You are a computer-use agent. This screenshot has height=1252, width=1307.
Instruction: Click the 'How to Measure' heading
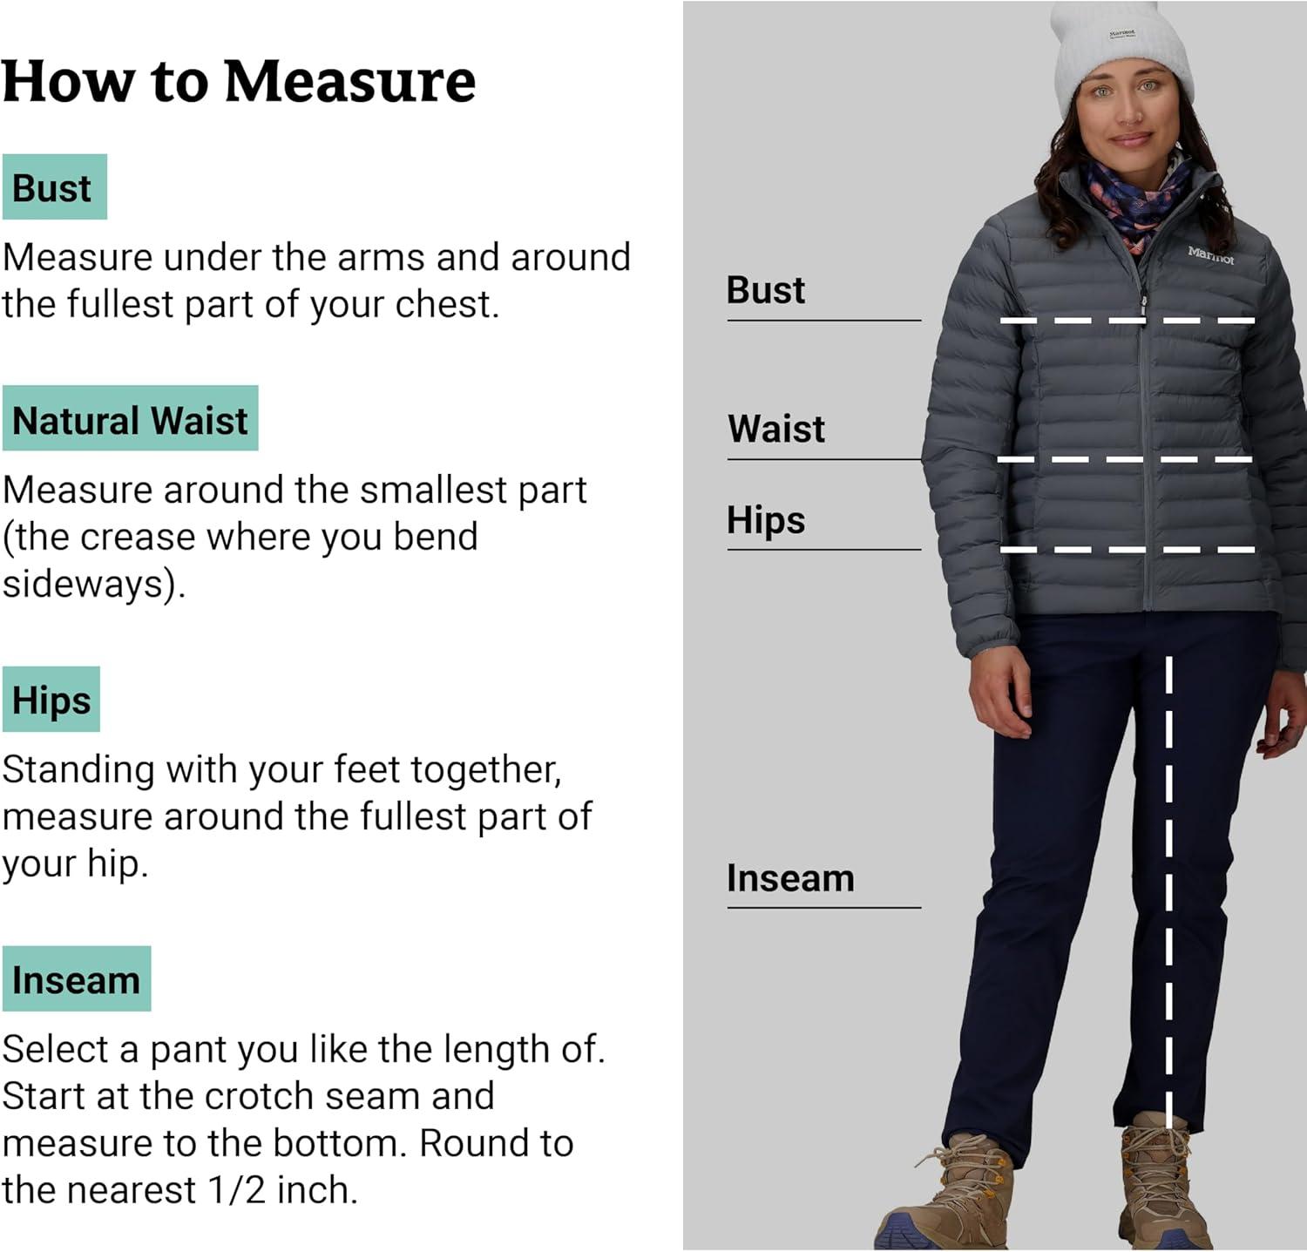click(239, 81)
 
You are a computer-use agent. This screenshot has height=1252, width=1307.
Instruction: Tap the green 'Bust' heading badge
click(54, 187)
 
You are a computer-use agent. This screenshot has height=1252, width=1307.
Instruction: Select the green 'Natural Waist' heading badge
click(131, 419)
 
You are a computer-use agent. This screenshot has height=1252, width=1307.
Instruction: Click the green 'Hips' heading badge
click(51, 700)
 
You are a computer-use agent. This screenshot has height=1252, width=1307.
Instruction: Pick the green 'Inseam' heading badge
click(77, 979)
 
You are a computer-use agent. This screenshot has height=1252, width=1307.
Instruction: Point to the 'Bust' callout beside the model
click(766, 290)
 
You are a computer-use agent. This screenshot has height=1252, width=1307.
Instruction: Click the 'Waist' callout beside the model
click(776, 429)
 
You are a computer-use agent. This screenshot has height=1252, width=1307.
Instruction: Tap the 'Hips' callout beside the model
click(766, 520)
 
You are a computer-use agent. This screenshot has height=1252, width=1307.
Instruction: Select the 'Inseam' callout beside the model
click(790, 878)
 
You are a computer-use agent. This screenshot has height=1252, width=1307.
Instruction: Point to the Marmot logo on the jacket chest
click(1210, 255)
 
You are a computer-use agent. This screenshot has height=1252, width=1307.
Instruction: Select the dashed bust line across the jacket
click(1127, 321)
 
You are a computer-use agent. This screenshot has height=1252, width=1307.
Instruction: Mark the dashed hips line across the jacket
click(1127, 550)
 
